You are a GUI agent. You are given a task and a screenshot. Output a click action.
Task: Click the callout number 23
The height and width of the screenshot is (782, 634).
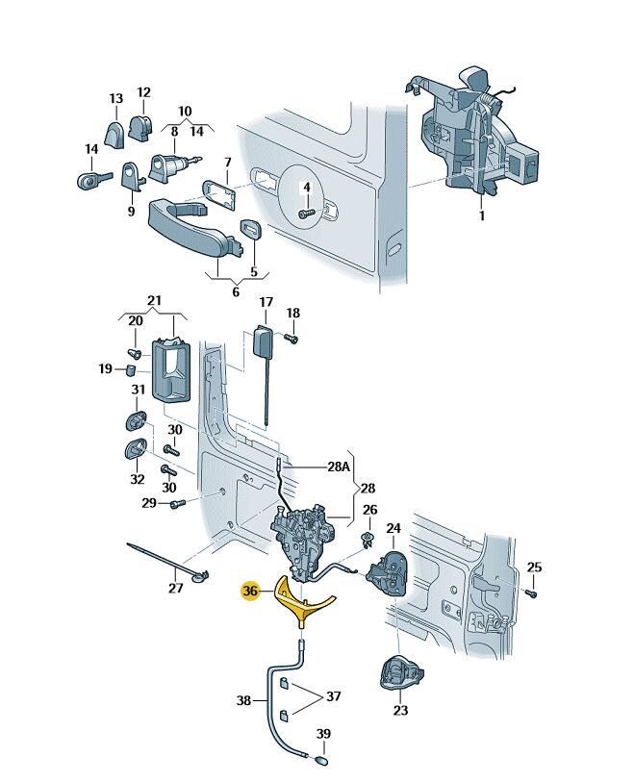pos(400,711)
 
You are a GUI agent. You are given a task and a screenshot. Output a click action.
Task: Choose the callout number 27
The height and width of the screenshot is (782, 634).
pos(174,589)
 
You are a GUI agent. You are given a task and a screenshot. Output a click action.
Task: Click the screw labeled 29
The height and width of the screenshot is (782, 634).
pos(173,504)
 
